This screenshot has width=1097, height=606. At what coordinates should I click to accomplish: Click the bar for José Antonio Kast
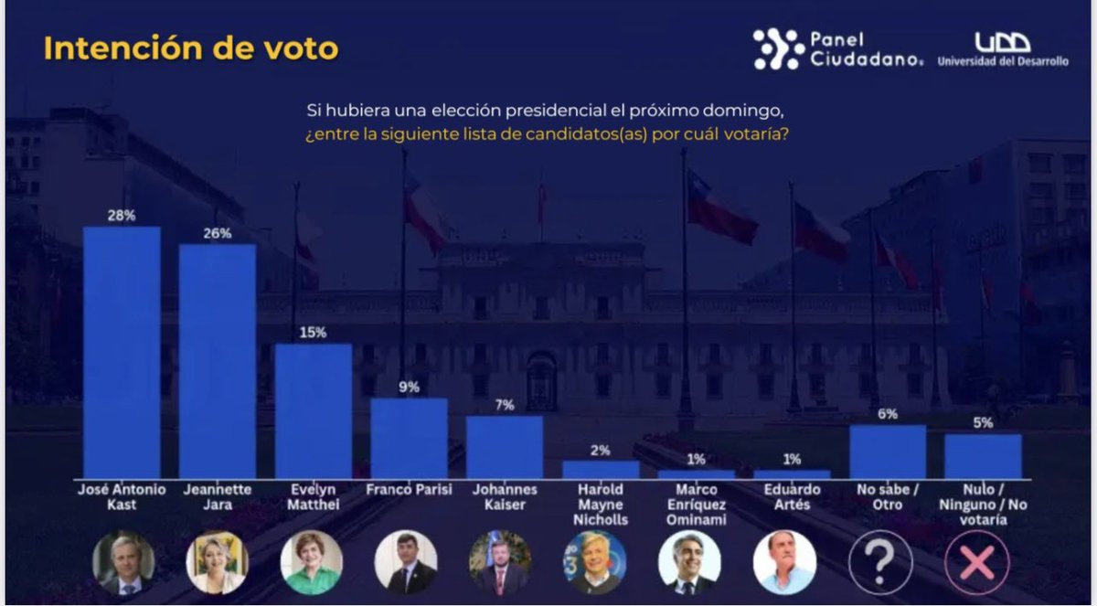[x=122, y=352]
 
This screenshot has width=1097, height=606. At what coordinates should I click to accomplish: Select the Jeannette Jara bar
[x=218, y=361]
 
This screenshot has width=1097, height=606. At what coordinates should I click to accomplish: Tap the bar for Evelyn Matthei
[x=314, y=410]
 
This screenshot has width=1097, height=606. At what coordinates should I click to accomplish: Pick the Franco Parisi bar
[x=409, y=438]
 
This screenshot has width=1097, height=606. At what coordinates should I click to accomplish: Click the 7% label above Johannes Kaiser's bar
[x=505, y=404]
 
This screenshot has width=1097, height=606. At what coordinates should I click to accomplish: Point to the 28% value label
[x=122, y=216]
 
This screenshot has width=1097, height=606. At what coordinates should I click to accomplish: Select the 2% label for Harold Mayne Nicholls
[x=601, y=450]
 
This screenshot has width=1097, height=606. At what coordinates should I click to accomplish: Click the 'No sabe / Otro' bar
[x=888, y=452]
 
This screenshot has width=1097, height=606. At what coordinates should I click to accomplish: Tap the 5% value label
[x=983, y=422]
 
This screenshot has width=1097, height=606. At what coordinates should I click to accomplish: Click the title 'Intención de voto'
[x=190, y=49]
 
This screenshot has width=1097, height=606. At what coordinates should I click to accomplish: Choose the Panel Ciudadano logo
[x=837, y=48]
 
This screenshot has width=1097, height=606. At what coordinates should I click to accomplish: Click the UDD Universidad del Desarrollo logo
[x=1002, y=51]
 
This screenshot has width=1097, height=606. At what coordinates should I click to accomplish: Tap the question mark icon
[x=880, y=563]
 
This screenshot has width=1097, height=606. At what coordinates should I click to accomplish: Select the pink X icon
[x=976, y=563]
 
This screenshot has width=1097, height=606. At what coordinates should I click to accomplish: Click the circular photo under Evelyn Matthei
[x=312, y=563]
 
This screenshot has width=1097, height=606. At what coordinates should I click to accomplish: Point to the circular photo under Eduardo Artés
[x=784, y=563]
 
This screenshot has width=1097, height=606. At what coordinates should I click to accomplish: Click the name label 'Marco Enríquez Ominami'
[x=696, y=505]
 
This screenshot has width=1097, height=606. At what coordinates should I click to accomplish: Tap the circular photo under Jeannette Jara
[x=217, y=563]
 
